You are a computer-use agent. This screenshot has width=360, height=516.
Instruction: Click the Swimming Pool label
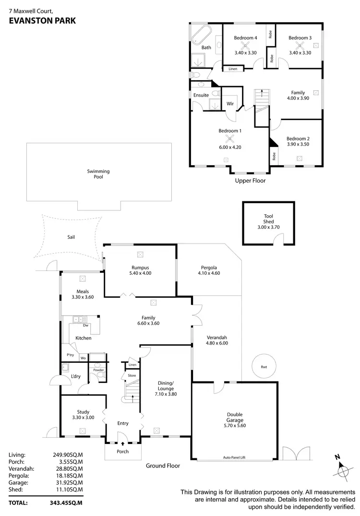(x=98, y=174)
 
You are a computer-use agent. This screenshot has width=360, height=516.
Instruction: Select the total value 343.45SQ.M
(x=67, y=503)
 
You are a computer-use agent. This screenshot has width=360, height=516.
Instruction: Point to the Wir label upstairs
(x=230, y=103)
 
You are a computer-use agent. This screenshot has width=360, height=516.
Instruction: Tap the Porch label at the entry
(x=123, y=452)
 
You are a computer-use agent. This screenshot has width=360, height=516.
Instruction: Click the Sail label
(x=71, y=237)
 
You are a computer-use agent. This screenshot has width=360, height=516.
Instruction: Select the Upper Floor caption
(x=250, y=181)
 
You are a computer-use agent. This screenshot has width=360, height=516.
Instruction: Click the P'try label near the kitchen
(x=70, y=355)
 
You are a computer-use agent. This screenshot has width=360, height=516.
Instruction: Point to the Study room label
(x=83, y=411)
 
